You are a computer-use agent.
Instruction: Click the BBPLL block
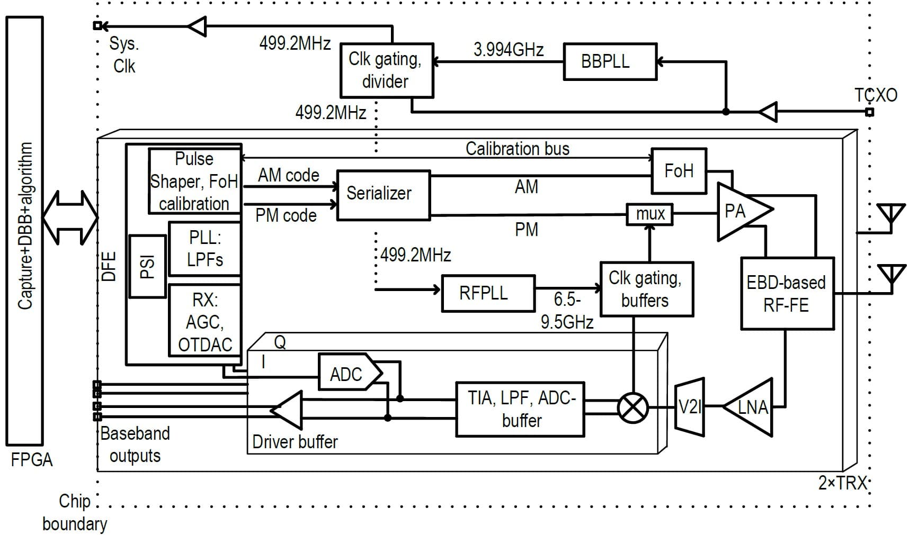(610, 61)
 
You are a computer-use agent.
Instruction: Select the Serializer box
(383, 194)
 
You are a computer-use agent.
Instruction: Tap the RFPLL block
(488, 293)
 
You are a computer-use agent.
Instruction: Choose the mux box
(649, 214)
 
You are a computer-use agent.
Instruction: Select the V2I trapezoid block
(690, 407)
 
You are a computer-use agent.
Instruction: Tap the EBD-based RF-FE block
(787, 294)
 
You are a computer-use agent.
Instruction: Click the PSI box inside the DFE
(147, 266)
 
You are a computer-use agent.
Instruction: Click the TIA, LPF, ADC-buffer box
(520, 409)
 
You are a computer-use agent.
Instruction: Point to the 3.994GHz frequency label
(508, 50)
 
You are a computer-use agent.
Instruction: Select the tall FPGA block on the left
(24, 231)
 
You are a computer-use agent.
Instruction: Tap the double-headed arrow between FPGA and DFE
(70, 217)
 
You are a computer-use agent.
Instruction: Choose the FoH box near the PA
(679, 171)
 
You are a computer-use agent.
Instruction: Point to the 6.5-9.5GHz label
(567, 311)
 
